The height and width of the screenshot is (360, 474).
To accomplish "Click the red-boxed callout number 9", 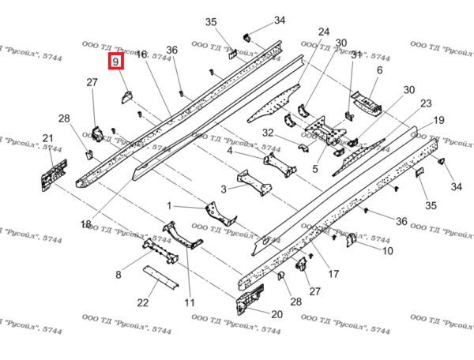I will [x=116, y=61].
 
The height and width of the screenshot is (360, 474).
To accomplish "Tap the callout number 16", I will [x=141, y=54].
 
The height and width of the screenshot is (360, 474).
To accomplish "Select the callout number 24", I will [x=323, y=32].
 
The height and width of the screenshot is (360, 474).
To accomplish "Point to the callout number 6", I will [x=379, y=70].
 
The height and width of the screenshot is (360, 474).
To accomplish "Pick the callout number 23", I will [x=426, y=103].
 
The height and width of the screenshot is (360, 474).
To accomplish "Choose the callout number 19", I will [x=438, y=120].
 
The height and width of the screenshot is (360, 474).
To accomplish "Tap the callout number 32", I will [x=268, y=132].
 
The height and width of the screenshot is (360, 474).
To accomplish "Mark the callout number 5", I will [x=314, y=168].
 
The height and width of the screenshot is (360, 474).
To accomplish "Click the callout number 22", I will [x=143, y=302].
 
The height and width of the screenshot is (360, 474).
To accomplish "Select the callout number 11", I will [x=190, y=302].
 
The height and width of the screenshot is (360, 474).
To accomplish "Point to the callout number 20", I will [x=276, y=313].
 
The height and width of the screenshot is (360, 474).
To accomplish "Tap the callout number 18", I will [x=85, y=224].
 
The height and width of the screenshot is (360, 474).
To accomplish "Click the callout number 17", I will [x=333, y=274].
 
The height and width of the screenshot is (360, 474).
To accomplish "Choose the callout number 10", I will [x=388, y=251].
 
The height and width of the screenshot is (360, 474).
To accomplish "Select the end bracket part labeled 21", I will [x=52, y=174].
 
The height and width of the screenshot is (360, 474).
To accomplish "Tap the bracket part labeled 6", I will [x=365, y=99].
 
